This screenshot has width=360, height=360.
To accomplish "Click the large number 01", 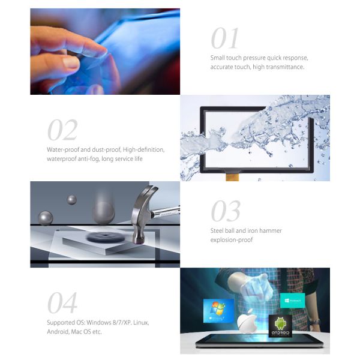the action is point(225,38).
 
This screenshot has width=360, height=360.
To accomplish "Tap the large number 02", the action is point(62,130).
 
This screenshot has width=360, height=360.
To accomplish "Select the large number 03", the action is point(226,211).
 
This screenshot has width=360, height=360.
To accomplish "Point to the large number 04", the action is point(62,302).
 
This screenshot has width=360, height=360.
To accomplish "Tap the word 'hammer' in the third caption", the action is point(271,230).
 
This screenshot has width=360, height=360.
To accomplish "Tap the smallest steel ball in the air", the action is point(71,200).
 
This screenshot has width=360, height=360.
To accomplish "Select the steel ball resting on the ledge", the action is point(46,218).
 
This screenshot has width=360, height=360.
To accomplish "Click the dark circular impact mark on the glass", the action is point(106,237).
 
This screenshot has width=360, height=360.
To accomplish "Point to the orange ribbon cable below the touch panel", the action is point(232,177).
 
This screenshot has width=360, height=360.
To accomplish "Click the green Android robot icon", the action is point(280,324).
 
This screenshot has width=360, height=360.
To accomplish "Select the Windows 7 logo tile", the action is point(218,311).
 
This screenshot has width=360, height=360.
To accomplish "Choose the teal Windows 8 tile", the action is point(293,301).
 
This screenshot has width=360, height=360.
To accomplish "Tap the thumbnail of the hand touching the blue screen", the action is point(105,52).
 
